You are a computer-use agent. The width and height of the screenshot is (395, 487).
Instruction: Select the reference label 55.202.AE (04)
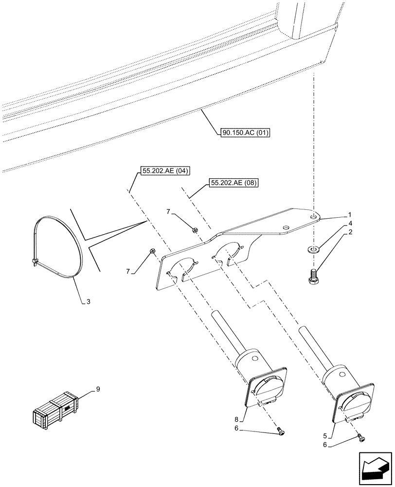(x=163, y=170)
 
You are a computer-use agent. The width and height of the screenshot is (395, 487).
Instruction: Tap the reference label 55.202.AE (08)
(x=234, y=183)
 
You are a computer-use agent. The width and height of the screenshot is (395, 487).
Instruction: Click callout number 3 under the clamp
(x=88, y=302)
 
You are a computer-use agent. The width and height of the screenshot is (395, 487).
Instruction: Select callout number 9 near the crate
(x=98, y=389)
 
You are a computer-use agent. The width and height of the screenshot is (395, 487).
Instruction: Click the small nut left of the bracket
(x=151, y=251)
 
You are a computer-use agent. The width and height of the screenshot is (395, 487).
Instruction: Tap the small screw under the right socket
(x=360, y=437)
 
